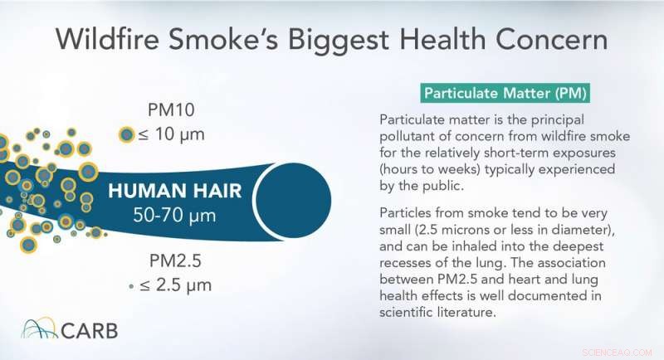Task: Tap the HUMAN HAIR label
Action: [x=176, y=192]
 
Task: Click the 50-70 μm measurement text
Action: [x=176, y=216]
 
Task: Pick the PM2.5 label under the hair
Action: [x=171, y=260]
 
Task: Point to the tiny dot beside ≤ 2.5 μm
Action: [x=131, y=285]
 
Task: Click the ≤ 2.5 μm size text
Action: [x=176, y=285]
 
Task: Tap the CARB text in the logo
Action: [x=89, y=331]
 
